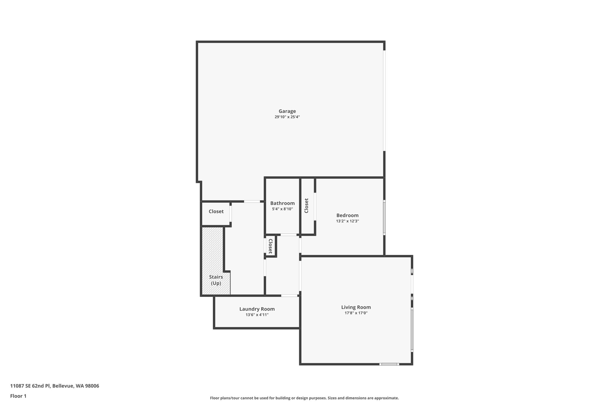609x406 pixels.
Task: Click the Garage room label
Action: [x=287, y=111]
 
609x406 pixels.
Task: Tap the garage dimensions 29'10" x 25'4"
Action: [x=287, y=117]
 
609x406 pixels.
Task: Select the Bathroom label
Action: [x=282, y=203]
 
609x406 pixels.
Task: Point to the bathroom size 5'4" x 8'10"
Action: [x=282, y=209]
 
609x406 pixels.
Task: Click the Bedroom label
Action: [x=347, y=215]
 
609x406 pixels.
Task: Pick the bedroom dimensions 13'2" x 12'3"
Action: [x=347, y=221]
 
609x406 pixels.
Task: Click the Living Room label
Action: [x=356, y=307]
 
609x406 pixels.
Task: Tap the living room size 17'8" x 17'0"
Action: [x=356, y=313]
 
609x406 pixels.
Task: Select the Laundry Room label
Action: [x=257, y=309]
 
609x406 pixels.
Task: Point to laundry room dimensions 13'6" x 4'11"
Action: [x=257, y=315]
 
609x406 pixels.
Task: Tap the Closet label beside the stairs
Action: [x=216, y=211]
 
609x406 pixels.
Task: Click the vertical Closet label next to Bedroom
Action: [x=306, y=206]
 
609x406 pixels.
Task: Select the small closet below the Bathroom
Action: [x=271, y=246]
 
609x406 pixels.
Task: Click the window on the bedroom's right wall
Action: [x=384, y=217]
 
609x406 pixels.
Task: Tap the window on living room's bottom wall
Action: [x=389, y=364]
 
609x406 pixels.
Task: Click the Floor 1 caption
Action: [x=18, y=396]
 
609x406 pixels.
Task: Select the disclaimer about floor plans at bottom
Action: [x=304, y=398]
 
